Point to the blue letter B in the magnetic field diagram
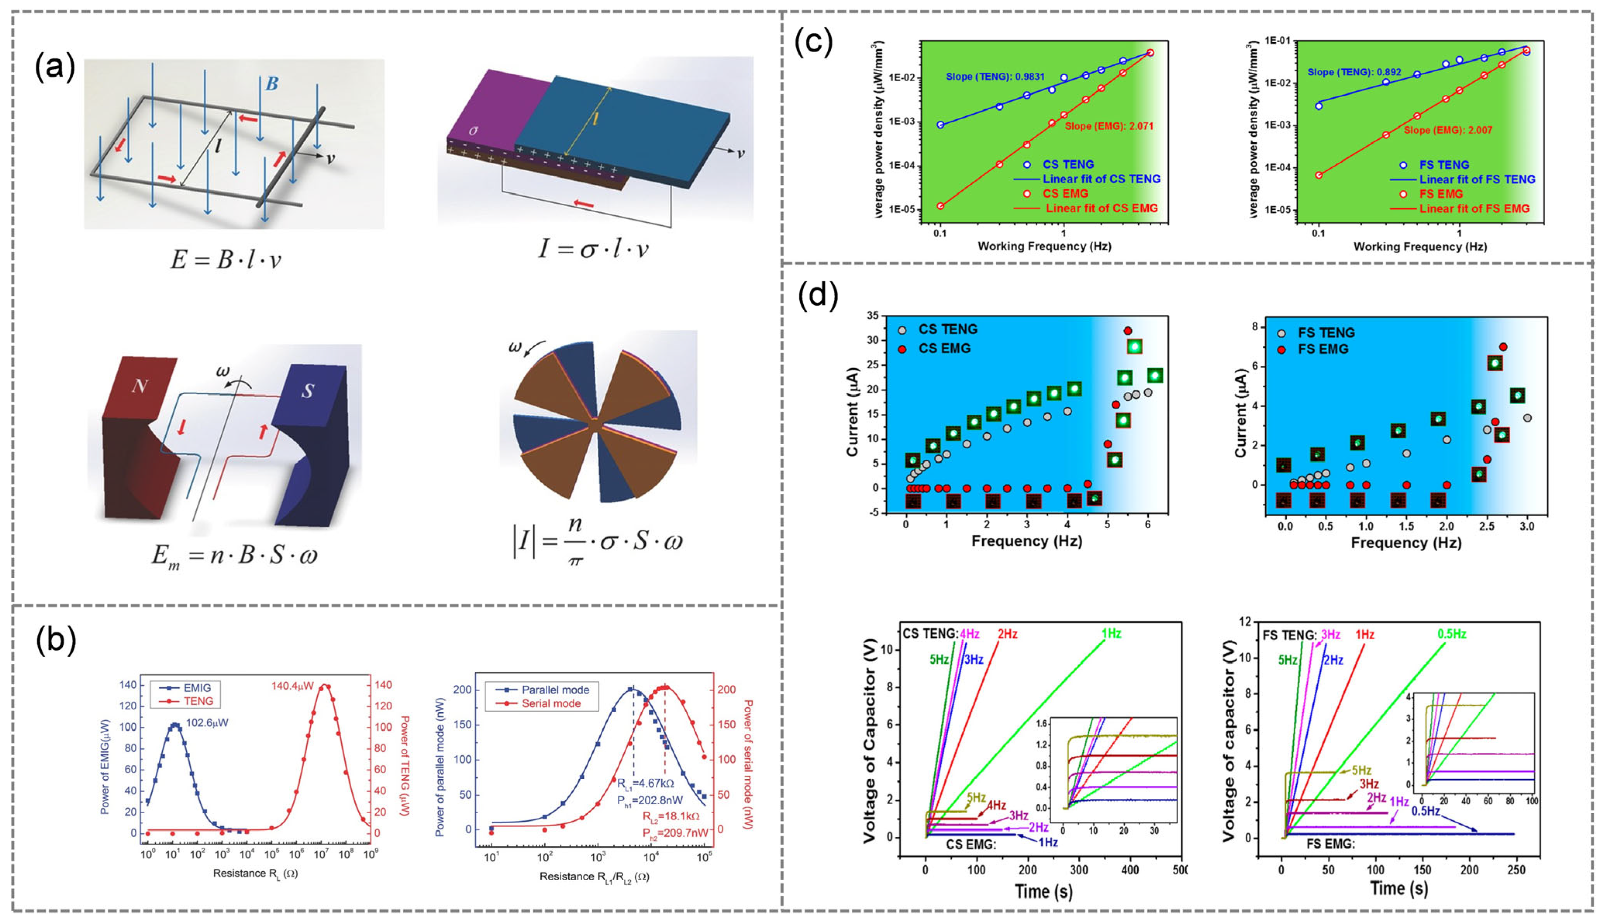tap(272, 84)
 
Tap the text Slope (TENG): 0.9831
tap(995, 77)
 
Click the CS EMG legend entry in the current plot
tap(944, 348)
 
